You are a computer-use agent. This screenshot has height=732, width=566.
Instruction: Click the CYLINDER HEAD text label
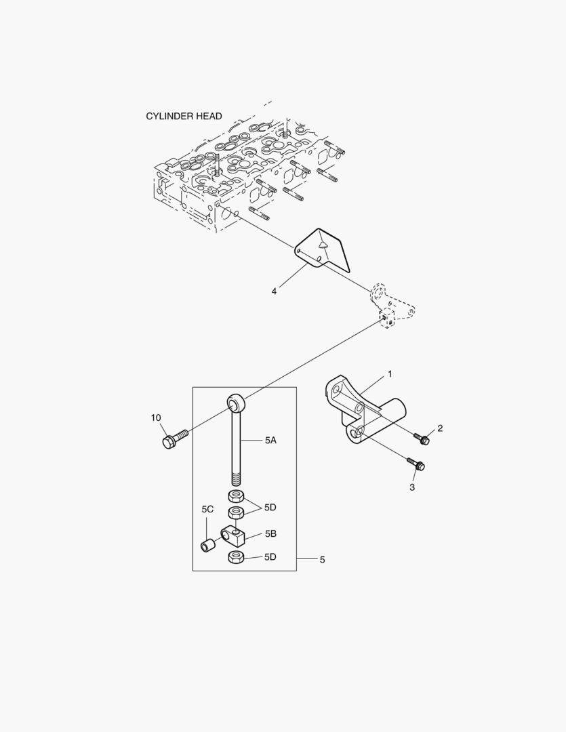pyautogui.click(x=184, y=117)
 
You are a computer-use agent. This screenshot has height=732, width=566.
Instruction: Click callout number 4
pyautogui.click(x=274, y=291)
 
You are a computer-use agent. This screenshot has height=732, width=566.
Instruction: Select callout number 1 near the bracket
pyautogui.click(x=390, y=374)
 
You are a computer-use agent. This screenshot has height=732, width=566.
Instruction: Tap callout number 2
pyautogui.click(x=440, y=428)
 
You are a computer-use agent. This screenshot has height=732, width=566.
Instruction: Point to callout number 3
pyautogui.click(x=412, y=487)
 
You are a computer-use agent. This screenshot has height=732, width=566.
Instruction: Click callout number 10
pyautogui.click(x=156, y=418)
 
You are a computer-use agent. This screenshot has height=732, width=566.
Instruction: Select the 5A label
pyautogui.click(x=271, y=441)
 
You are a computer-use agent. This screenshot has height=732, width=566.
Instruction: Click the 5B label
pyautogui.click(x=271, y=533)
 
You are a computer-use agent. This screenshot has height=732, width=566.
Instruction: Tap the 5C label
pyautogui.click(x=207, y=509)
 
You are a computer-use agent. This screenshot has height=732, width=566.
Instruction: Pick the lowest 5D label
pyautogui.click(x=270, y=557)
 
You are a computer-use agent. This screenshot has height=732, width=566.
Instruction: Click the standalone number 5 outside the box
pyautogui.click(x=322, y=559)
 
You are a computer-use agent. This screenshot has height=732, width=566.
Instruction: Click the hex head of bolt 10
pyautogui.click(x=168, y=442)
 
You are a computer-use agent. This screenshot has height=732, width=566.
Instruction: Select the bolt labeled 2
pyautogui.click(x=422, y=439)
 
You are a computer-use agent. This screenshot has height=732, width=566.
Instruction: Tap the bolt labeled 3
pyautogui.click(x=416, y=464)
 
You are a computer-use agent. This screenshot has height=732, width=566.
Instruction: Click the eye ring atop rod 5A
pyautogui.click(x=236, y=401)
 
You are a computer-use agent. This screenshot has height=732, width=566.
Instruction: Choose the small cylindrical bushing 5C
pyautogui.click(x=207, y=545)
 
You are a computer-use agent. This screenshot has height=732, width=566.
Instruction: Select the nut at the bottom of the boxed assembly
pyautogui.click(x=236, y=557)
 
